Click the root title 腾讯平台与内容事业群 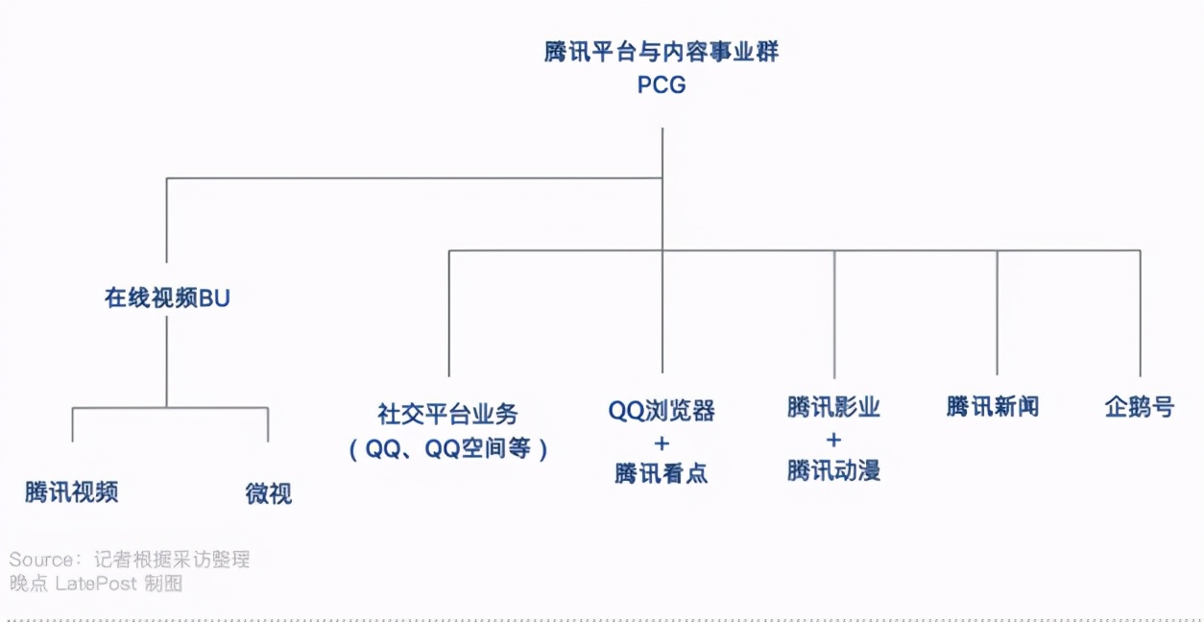pos(662,52)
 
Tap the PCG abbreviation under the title pos(662,85)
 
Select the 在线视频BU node pos(167,299)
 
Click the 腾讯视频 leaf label pos(72,492)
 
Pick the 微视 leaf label pos(269,494)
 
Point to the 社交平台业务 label pos(448,414)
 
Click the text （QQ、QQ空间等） pos(448,448)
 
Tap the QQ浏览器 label pos(662,411)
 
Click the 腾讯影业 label pos(833,407)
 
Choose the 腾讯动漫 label pos(833,470)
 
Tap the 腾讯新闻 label pos(993,407)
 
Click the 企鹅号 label pos(1140,407)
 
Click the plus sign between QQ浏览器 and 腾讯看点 pos(662,443)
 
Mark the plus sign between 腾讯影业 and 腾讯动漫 pos(833,440)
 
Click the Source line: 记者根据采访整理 pos(130,559)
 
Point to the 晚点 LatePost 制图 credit pos(96,583)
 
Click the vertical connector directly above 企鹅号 pos(1141,312)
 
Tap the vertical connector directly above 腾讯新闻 pos(997,312)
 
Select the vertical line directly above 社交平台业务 pos(448,312)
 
